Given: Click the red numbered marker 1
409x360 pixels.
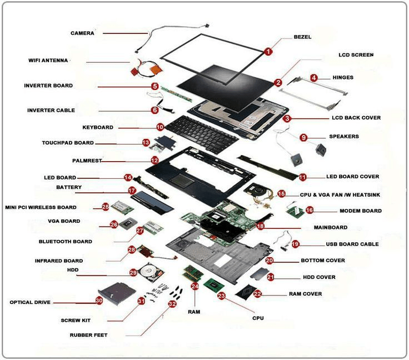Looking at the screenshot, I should pyautogui.click(x=268, y=52).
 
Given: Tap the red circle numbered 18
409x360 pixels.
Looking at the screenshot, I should pyautogui.click(x=260, y=226).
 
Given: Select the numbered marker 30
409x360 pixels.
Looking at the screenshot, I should pyautogui.click(x=99, y=300).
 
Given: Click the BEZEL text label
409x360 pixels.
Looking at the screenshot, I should pyautogui.click(x=302, y=37).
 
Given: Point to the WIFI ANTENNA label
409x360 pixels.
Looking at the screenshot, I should pyautogui.click(x=48, y=60).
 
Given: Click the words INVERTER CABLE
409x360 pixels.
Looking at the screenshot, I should pyautogui.click(x=51, y=110).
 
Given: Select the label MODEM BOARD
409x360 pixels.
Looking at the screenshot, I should pyautogui.click(x=361, y=211).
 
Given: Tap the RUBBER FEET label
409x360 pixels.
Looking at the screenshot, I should pyautogui.click(x=88, y=335).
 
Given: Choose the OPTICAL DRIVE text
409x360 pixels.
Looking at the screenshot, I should pyautogui.click(x=30, y=302).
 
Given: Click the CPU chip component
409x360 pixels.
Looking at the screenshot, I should pyautogui.click(x=212, y=286).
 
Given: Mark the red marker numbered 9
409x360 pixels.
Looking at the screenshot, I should pyautogui.click(x=303, y=137).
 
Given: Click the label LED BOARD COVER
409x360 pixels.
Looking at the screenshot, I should pyautogui.click(x=352, y=177).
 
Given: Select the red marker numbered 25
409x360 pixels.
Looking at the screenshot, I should pyautogui.click(x=105, y=207).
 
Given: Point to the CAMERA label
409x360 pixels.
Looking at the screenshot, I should pyautogui.click(x=82, y=33).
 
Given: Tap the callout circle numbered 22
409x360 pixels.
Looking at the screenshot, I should pyautogui.click(x=257, y=293).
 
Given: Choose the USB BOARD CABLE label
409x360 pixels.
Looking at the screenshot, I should pyautogui.click(x=352, y=244).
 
